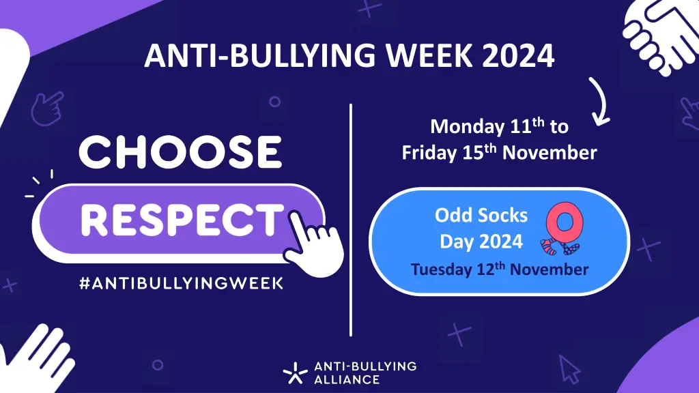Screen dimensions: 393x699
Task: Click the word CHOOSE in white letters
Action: [180, 152]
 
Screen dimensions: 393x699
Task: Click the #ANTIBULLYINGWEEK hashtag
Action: [180, 282]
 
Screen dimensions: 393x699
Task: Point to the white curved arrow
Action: [597, 102]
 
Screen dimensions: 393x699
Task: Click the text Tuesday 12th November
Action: [499, 269]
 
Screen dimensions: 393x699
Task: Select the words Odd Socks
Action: [481, 216]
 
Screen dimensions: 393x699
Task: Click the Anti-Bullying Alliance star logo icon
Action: [296, 373]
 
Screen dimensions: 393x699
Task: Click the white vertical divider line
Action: [351, 218]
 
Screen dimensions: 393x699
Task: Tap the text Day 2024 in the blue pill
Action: [481, 241]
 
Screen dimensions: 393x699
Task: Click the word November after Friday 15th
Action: [550, 153]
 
